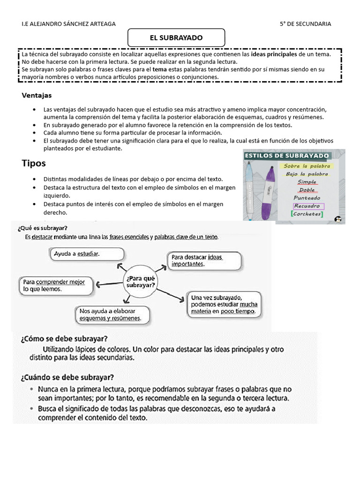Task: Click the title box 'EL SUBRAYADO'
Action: tap(176, 37)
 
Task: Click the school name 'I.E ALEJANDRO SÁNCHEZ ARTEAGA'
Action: tap(68, 24)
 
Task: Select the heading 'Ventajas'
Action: tap(37, 95)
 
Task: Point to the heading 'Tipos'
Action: tap(34, 163)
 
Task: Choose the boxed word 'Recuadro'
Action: tap(307, 206)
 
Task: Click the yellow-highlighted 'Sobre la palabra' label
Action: tap(307, 166)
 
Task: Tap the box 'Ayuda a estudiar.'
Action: tap(87, 254)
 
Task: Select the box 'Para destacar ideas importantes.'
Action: tap(204, 260)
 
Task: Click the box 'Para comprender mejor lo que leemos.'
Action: tap(55, 285)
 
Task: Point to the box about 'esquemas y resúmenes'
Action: tap(112, 315)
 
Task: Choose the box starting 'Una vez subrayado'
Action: tap(223, 304)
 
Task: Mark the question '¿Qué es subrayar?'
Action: tap(42, 228)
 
